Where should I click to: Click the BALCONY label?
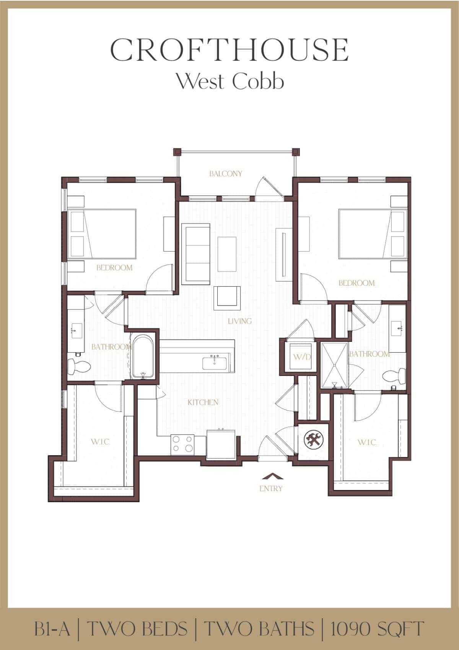226,174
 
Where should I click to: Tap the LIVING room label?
239,321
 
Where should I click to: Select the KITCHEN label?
203,402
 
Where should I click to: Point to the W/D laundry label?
302,357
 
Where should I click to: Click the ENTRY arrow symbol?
273,476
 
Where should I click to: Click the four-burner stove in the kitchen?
182,444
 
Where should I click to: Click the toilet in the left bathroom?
78,367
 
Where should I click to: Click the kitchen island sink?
215,363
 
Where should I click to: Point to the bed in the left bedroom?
102,234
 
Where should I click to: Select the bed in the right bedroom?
373,234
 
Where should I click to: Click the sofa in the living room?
196,254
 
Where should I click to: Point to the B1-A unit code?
52,628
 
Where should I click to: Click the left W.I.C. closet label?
100,442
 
